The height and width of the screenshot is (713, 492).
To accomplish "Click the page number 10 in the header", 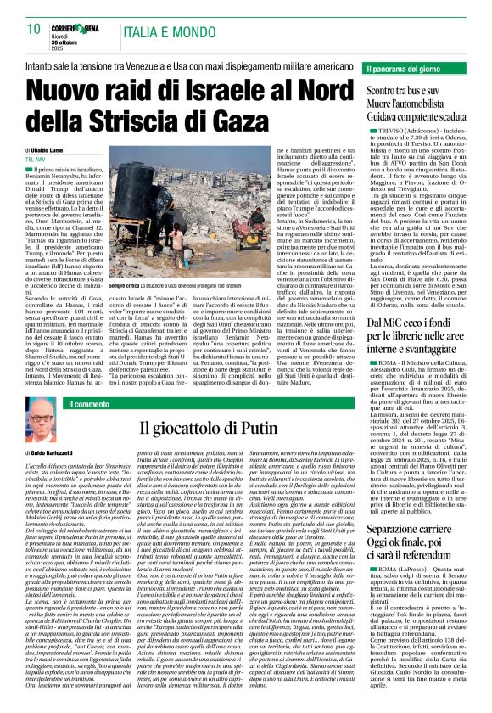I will [x=34, y=30].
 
